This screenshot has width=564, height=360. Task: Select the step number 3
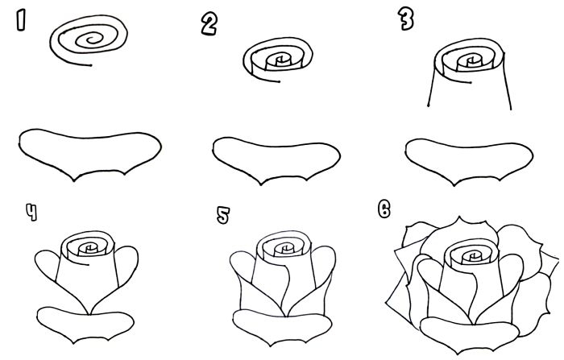tap(405, 20)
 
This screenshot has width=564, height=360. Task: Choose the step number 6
tap(384, 209)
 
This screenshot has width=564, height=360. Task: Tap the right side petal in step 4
tap(127, 270)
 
